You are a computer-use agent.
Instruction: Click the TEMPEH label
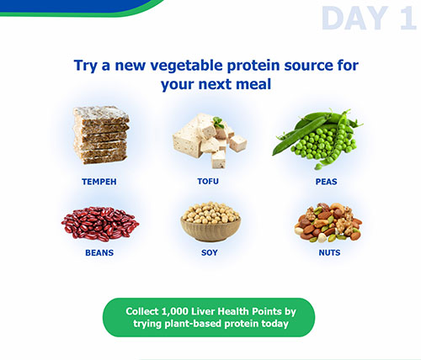(x=99, y=182)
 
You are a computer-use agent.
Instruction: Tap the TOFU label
(x=208, y=182)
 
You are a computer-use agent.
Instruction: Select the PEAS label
(x=327, y=182)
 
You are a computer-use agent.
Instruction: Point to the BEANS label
(x=99, y=252)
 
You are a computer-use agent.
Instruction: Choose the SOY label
(x=210, y=252)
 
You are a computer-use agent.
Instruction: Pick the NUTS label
(x=329, y=252)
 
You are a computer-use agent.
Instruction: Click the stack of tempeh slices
(x=101, y=135)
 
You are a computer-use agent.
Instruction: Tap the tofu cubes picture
(x=210, y=141)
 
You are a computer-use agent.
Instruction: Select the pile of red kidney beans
(x=100, y=224)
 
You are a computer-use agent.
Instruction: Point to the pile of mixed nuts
(x=328, y=222)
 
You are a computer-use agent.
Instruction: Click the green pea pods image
(x=317, y=140)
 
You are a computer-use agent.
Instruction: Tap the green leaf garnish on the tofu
(x=218, y=122)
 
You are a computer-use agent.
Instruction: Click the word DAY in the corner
(x=355, y=19)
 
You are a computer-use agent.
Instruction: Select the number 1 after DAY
(x=408, y=19)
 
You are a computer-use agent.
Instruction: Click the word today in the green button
(x=274, y=324)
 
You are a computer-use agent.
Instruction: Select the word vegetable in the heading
(x=186, y=66)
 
